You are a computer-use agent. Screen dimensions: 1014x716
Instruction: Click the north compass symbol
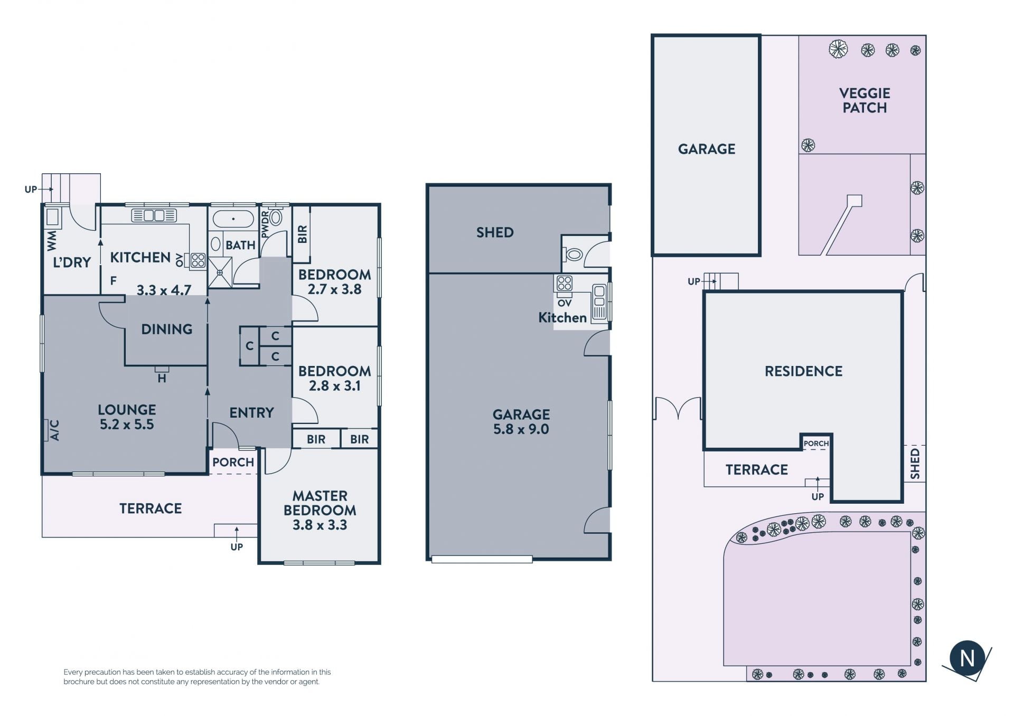pos(967,658)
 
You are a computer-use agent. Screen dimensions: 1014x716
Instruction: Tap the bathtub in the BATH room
pos(233,219)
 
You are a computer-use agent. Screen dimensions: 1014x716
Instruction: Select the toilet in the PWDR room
pos(275,216)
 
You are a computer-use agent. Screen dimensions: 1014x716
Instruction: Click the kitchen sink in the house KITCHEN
pos(154,215)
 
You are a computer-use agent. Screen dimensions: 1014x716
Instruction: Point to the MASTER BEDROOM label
pos(320,503)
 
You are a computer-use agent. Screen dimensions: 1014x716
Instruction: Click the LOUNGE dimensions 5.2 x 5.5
pos(127,425)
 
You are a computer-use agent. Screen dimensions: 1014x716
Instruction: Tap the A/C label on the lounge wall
pos(54,430)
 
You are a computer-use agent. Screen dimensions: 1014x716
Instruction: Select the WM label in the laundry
pos(51,241)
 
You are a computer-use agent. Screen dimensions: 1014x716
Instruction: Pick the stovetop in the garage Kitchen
pos(564,284)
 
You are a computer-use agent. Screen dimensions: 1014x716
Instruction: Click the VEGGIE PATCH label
pos(865,100)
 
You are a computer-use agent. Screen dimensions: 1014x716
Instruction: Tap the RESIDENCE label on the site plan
pos(803,371)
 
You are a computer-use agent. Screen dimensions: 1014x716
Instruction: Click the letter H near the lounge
pos(162,379)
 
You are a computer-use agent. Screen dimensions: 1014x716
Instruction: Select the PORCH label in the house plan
pos(233,462)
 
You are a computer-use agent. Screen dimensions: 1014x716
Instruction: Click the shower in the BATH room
pos(220,272)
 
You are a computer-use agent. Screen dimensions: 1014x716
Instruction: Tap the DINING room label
pos(167,329)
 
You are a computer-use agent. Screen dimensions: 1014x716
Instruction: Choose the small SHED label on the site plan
pos(915,464)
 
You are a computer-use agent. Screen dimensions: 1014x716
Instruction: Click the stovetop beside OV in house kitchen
pos(198,260)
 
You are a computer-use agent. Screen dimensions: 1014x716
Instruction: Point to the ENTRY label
pos(251,412)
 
